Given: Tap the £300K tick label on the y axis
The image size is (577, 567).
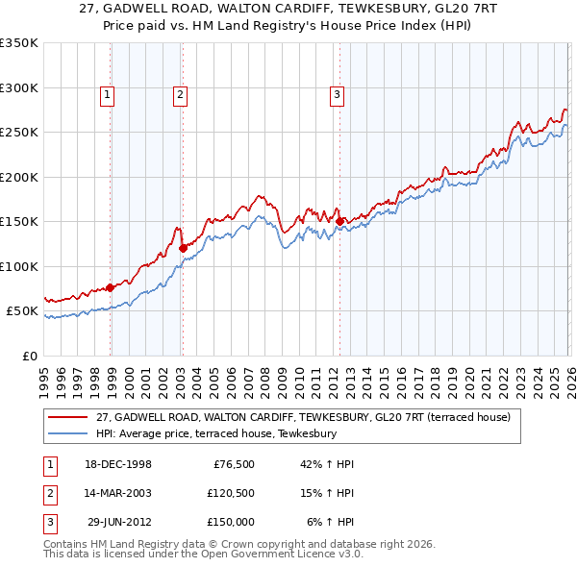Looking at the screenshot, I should click(19, 87).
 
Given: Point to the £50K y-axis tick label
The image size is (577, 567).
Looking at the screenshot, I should click(22, 311).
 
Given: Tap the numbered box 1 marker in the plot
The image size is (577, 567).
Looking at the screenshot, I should click(107, 94).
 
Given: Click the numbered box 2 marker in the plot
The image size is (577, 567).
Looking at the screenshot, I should click(180, 94).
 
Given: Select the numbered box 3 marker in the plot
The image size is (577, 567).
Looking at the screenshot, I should click(338, 94).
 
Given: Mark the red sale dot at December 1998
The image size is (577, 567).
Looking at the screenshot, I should click(111, 287).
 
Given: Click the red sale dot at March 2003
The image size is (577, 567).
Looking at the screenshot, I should click(183, 248).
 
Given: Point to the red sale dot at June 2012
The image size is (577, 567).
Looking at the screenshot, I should click(340, 221).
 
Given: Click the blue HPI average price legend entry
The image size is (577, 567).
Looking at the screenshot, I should click(215, 434).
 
